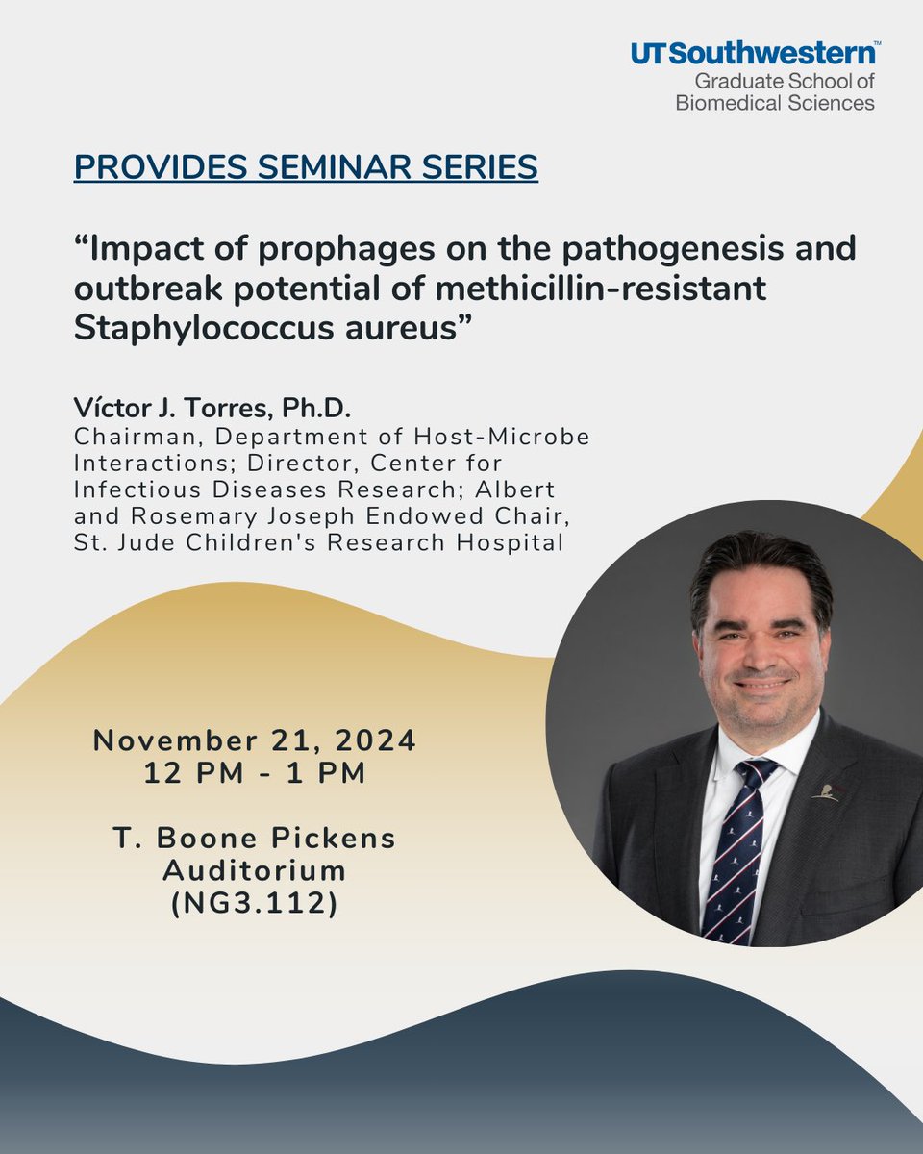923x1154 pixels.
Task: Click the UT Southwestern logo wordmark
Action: [x=754, y=55]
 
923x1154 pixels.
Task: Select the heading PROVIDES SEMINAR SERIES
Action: [x=306, y=166]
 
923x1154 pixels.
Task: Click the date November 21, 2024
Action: [x=255, y=740]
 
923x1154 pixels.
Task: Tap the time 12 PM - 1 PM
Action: [x=255, y=773]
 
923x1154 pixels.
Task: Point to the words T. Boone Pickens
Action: [x=255, y=838]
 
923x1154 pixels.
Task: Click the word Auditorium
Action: [x=255, y=870]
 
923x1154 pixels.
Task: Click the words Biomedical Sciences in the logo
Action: [x=775, y=102]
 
